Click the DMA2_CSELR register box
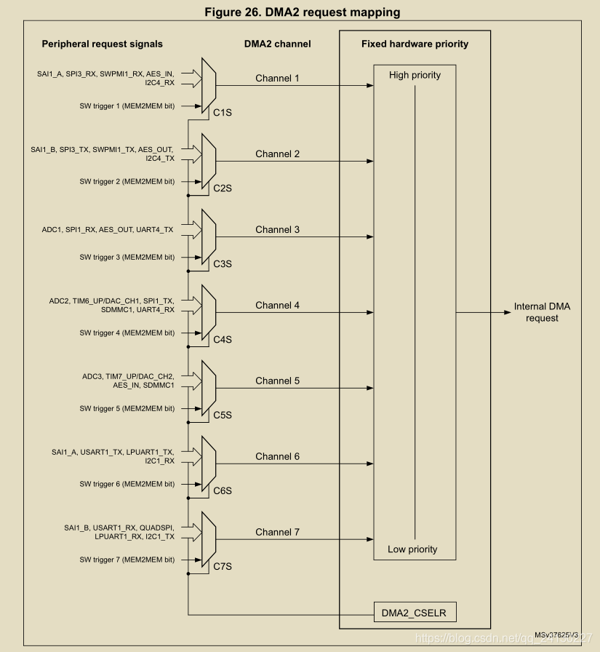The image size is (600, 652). click(x=415, y=613)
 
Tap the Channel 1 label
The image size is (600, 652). click(x=277, y=78)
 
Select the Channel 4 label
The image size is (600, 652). click(x=277, y=305)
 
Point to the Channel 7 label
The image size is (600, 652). click(x=277, y=532)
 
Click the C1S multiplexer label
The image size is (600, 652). click(x=222, y=113)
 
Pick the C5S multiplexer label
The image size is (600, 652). click(x=222, y=415)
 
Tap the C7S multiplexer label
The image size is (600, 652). click(x=222, y=566)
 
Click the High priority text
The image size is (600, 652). click(x=415, y=75)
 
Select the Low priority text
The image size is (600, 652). click(x=412, y=549)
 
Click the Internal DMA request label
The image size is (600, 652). click(x=542, y=312)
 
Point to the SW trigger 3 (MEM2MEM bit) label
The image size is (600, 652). click(x=127, y=257)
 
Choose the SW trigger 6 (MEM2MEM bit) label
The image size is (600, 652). click(x=127, y=484)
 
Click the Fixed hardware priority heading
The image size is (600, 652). click(x=415, y=44)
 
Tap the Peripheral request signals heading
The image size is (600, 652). click(x=102, y=44)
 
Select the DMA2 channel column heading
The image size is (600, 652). click(x=277, y=44)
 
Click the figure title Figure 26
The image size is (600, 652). click(x=300, y=12)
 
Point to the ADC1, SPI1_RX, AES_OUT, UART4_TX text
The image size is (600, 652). click(x=108, y=230)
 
